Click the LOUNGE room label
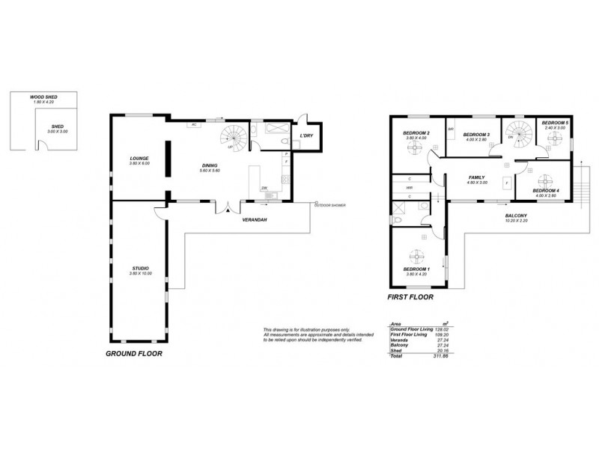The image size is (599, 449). click(x=138, y=159)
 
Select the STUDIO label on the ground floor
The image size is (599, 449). click(x=140, y=269)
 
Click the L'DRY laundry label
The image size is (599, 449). click(x=305, y=135)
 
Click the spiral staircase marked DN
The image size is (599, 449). click(x=515, y=134)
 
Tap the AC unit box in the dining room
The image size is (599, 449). click(x=194, y=125)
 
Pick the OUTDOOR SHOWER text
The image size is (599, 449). click(x=329, y=204)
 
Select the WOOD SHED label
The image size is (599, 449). click(x=43, y=97)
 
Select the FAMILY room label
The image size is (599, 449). click(x=477, y=177)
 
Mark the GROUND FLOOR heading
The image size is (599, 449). click(x=133, y=353)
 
